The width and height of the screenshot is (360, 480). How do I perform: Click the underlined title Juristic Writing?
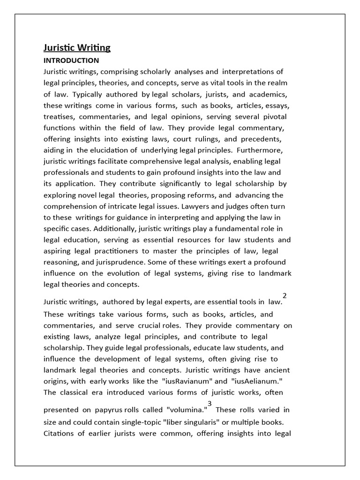pos(77,48)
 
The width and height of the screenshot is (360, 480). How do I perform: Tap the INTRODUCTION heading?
pos(71,60)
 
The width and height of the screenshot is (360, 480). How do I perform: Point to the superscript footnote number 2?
pos(285,295)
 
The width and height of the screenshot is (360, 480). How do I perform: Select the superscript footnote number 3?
pos(210,404)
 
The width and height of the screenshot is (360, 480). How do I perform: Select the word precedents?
pos(266,139)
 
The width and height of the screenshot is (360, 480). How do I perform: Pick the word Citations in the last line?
pos(59,433)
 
